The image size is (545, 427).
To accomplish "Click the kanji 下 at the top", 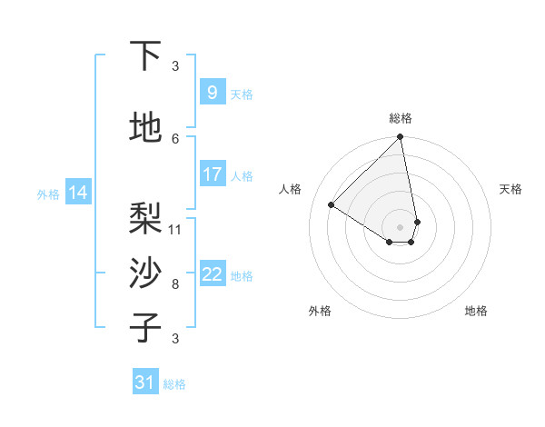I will click(x=145, y=56).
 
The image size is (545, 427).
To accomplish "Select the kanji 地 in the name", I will click(x=145, y=128).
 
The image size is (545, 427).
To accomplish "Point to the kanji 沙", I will click(x=145, y=273).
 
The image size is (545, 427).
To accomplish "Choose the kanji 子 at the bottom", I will click(x=145, y=328).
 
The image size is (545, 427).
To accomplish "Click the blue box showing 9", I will click(x=212, y=93).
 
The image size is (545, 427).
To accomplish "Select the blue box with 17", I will click(x=212, y=174).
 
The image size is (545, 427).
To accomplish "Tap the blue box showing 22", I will click(x=212, y=274).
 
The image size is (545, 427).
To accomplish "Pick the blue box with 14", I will click(x=78, y=193).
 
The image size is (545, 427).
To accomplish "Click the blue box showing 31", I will click(x=144, y=382).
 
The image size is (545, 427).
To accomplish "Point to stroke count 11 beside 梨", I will click(x=175, y=229).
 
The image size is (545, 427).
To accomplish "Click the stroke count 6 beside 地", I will click(x=175, y=138).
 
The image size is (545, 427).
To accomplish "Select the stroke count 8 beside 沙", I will click(x=175, y=283).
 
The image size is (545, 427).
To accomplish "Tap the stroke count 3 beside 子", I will click(x=175, y=338).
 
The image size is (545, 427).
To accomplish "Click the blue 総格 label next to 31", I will click(x=174, y=384).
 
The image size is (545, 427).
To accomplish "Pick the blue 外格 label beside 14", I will click(x=47, y=194).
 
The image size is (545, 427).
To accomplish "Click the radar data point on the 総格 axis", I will click(x=400, y=137).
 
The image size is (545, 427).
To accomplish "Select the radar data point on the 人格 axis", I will click(x=332, y=204).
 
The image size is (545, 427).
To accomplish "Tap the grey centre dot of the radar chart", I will click(x=400, y=225).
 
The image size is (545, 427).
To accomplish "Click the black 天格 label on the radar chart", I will click(x=510, y=189).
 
